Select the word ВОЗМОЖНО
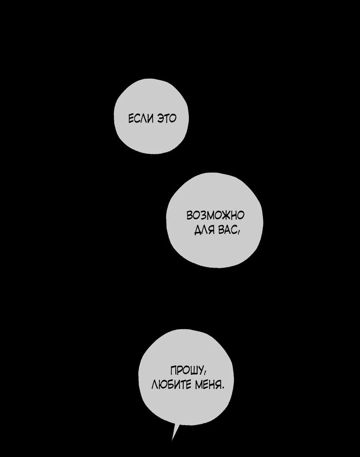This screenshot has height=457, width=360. tap(215, 215)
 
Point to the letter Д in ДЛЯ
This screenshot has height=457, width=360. tap(198, 230)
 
